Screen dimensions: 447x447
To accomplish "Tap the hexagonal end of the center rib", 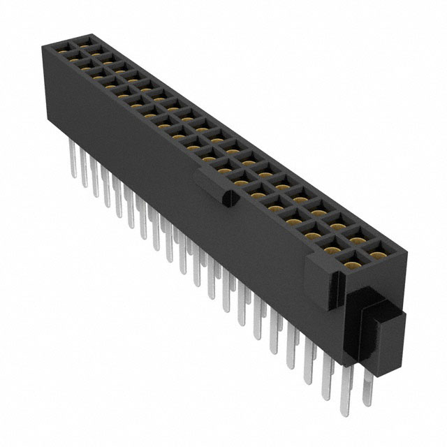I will point(226,200).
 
